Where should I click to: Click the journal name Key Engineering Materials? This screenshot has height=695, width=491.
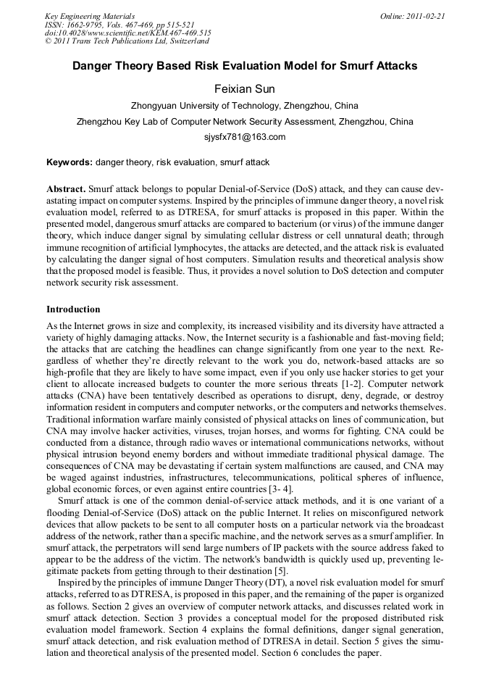point(90,16)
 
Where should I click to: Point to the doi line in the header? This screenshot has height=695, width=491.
point(127,33)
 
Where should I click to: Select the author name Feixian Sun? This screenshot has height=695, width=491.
point(245,89)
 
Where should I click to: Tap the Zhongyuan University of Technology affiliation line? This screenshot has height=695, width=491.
point(245,106)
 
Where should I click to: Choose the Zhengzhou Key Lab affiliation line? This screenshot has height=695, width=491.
point(245,122)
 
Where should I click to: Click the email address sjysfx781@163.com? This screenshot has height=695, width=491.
point(245,137)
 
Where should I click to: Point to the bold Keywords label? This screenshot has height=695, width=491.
point(70,162)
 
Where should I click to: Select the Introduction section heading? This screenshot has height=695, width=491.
point(73,309)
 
